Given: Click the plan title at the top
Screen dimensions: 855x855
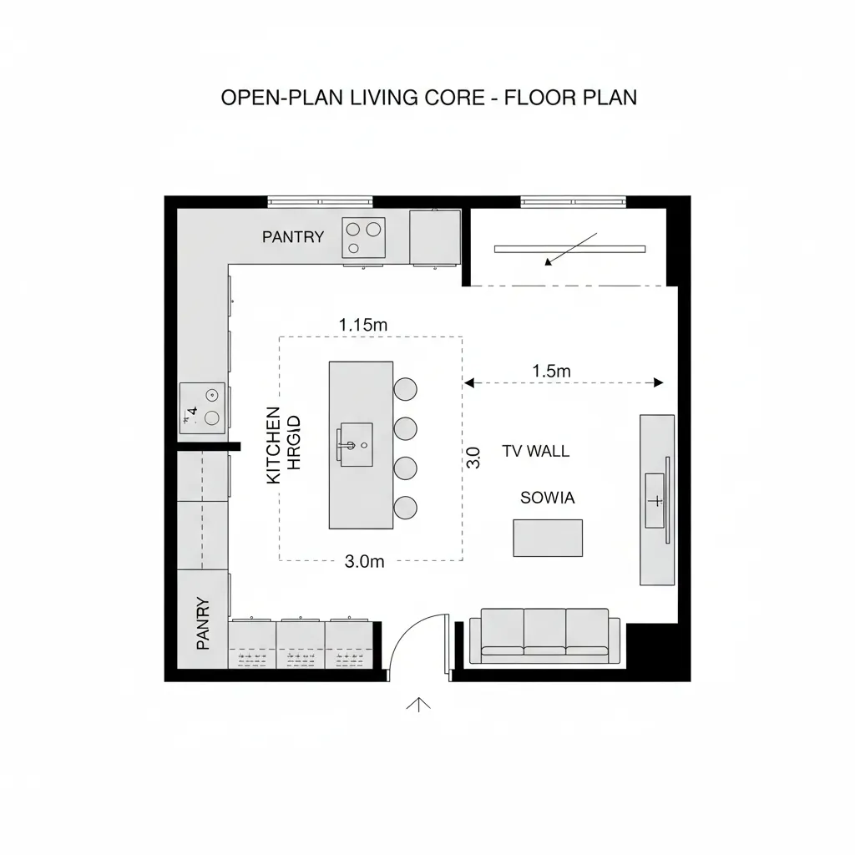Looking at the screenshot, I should pyautogui.click(x=428, y=98).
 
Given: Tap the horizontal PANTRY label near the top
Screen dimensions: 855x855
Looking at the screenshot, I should pyautogui.click(x=292, y=237).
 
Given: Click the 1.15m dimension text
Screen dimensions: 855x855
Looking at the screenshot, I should pyautogui.click(x=362, y=324).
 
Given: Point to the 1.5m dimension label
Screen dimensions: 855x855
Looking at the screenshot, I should pyautogui.click(x=550, y=372).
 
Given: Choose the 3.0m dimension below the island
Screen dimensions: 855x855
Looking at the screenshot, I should pyautogui.click(x=364, y=562).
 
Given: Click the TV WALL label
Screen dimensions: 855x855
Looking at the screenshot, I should pyautogui.click(x=535, y=452).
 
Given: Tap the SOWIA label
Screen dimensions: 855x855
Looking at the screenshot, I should pyautogui.click(x=547, y=498).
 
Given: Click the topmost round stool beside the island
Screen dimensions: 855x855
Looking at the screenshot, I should pyautogui.click(x=405, y=389).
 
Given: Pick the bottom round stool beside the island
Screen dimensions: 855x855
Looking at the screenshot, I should pyautogui.click(x=405, y=507).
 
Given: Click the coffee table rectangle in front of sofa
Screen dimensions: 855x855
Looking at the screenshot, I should pyautogui.click(x=547, y=538).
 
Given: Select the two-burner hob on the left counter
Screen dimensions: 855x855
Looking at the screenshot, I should pyautogui.click(x=203, y=407).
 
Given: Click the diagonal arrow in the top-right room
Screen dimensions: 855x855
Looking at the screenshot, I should pyautogui.click(x=570, y=249).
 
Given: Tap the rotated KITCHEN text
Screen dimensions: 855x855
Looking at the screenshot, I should pyautogui.click(x=273, y=445).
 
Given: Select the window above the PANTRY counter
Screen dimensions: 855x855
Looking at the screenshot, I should pyautogui.click(x=320, y=200).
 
